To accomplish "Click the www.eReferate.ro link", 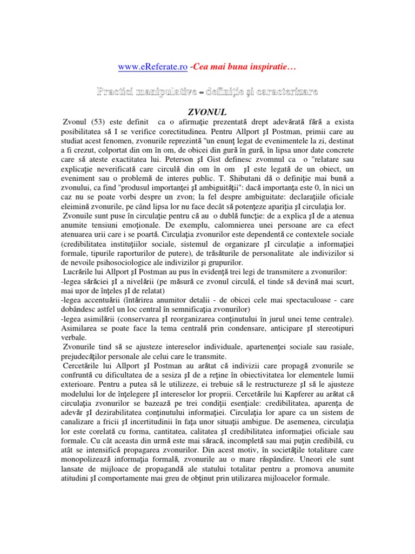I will (x=153, y=67).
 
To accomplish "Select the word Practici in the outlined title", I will (x=117, y=93).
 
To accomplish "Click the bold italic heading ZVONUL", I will (x=207, y=112).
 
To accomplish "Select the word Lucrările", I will (x=81, y=272).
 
